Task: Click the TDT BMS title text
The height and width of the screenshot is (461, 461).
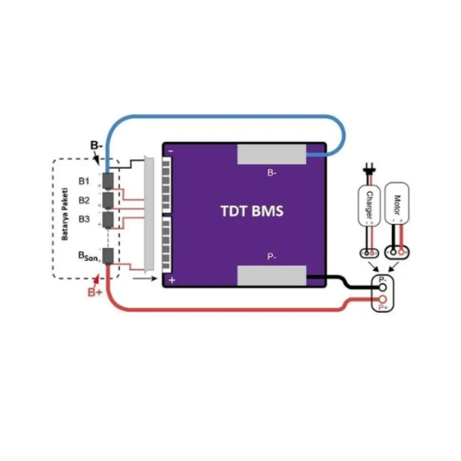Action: click(x=252, y=211)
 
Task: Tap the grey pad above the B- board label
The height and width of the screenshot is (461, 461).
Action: click(x=271, y=154)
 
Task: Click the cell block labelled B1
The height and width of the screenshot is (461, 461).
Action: click(x=108, y=181)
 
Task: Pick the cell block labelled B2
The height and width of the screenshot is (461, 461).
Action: click(x=108, y=199)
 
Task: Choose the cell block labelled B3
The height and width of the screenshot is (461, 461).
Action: click(x=108, y=219)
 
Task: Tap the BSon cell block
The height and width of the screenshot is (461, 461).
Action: click(x=108, y=256)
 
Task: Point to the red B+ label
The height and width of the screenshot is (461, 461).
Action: click(x=95, y=293)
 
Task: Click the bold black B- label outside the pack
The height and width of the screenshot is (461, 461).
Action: click(x=96, y=145)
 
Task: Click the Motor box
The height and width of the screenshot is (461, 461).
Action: click(x=398, y=202)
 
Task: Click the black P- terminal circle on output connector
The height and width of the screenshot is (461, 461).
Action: click(x=383, y=287)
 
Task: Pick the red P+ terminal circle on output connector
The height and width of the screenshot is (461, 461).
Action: click(x=383, y=299)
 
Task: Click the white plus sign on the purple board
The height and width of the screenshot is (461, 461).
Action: click(x=172, y=280)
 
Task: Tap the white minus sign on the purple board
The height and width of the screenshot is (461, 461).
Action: click(x=171, y=152)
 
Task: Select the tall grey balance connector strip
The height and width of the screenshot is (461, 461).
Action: click(x=148, y=214)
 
